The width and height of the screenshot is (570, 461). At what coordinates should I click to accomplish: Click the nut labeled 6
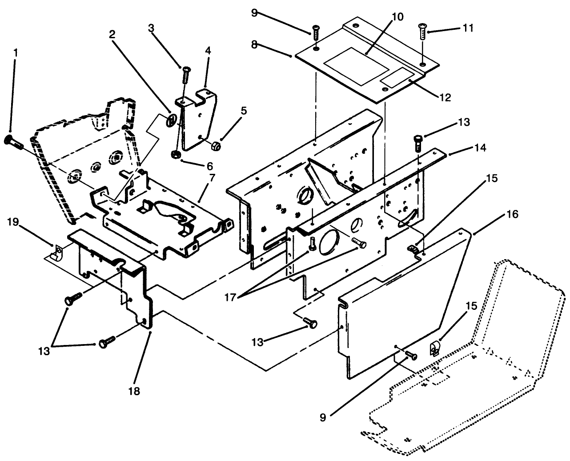coord(175,155)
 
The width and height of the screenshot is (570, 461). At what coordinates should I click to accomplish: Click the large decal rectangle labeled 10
coord(356,67)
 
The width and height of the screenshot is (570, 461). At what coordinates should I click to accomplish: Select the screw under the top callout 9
coord(316,34)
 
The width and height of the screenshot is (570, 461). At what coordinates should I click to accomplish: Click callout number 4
coord(208,52)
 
